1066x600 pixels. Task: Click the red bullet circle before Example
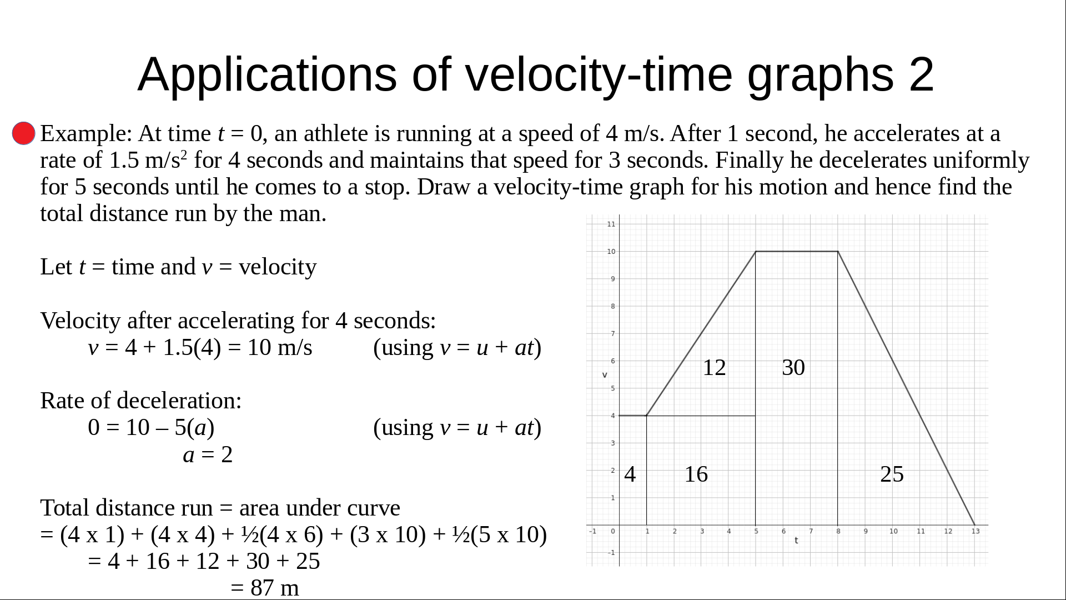point(24,134)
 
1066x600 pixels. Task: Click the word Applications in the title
point(267,74)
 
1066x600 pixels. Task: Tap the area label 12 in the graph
point(714,368)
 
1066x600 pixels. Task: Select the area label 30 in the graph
point(793,368)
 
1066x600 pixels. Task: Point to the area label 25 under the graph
point(892,474)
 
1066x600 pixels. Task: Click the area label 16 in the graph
point(696,474)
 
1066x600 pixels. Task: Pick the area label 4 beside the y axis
point(630,474)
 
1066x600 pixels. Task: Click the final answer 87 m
point(274,588)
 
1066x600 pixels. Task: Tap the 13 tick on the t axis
point(976,532)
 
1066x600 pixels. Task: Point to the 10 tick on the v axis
point(611,252)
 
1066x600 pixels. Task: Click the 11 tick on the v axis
point(611,224)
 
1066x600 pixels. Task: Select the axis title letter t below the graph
point(796,541)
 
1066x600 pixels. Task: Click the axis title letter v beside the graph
point(605,375)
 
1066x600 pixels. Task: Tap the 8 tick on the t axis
point(838,532)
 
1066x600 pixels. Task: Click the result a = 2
point(208,455)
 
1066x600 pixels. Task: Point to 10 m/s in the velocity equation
point(280,348)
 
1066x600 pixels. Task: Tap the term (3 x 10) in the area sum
point(388,535)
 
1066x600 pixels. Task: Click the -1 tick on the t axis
point(593,532)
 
